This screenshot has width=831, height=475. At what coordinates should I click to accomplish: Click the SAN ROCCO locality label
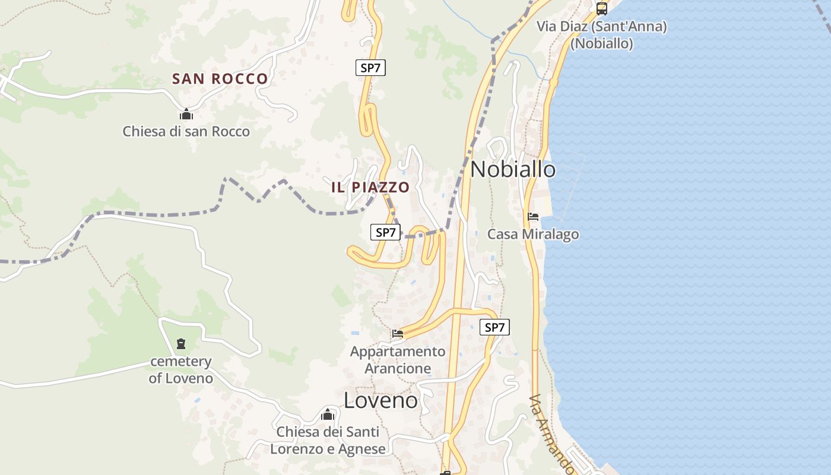pyautogui.click(x=220, y=78)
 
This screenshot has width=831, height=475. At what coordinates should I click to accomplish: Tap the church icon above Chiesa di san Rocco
pyautogui.click(x=186, y=114)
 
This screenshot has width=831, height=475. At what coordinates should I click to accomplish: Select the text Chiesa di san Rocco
pyautogui.click(x=186, y=131)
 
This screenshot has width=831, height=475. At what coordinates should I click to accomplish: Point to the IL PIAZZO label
pyautogui.click(x=370, y=187)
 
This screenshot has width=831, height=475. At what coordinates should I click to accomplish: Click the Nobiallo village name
pyautogui.click(x=513, y=170)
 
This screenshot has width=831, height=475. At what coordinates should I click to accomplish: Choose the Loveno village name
pyautogui.click(x=380, y=401)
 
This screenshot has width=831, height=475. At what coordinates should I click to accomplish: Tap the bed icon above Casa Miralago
pyautogui.click(x=533, y=217)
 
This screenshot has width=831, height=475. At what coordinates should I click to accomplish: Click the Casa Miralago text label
pyautogui.click(x=533, y=235)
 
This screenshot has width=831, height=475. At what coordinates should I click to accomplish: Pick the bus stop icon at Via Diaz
pyautogui.click(x=601, y=9)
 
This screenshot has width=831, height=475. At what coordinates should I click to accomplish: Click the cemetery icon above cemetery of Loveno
pyautogui.click(x=180, y=343)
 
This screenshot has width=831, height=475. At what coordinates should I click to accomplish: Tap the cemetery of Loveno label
pyautogui.click(x=180, y=370)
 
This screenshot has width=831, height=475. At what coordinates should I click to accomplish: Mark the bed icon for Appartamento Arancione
pyautogui.click(x=397, y=334)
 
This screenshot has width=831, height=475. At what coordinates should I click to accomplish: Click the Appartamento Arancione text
pyautogui.click(x=397, y=360)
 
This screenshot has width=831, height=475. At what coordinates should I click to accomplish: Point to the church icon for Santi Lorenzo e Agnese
pyautogui.click(x=328, y=414)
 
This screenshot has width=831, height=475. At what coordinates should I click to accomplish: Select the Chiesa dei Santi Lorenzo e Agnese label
pyautogui.click(x=328, y=441)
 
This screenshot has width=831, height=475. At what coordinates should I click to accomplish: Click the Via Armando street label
pyautogui.click(x=552, y=433)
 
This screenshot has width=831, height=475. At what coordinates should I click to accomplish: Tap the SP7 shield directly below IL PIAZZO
pyautogui.click(x=385, y=233)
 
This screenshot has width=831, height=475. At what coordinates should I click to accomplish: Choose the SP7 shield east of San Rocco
pyautogui.click(x=370, y=68)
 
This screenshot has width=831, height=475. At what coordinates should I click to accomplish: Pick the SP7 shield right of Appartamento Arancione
pyautogui.click(x=494, y=327)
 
